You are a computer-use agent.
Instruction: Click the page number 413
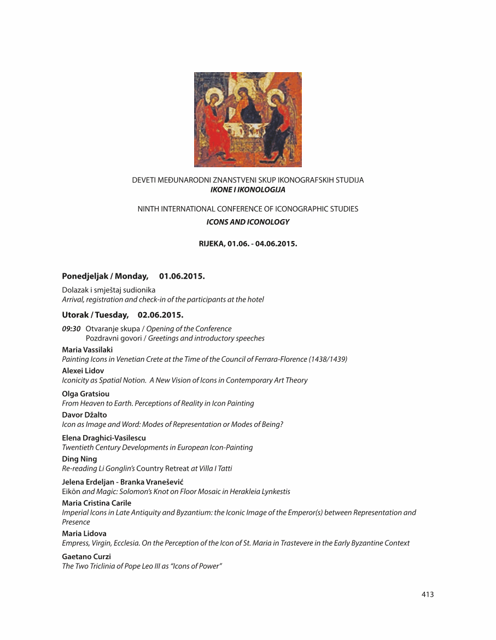coord(428,594)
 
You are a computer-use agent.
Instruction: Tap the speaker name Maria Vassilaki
coord(87,350)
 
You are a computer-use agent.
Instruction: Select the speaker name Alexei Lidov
coord(83,371)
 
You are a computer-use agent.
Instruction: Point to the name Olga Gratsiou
coord(86,394)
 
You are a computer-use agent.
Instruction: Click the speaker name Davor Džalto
coord(85,415)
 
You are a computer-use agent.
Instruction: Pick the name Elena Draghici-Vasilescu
coord(104,438)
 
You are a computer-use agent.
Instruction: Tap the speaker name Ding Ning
coord(79,459)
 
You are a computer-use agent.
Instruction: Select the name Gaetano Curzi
coord(86,556)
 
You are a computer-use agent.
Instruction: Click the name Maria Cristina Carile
coord(97,503)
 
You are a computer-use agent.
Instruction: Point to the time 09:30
coord(72,328)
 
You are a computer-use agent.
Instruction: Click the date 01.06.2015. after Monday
coord(182,276)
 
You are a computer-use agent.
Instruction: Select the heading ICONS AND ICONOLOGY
coord(248,222)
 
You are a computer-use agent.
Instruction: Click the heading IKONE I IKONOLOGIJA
coord(248,190)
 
